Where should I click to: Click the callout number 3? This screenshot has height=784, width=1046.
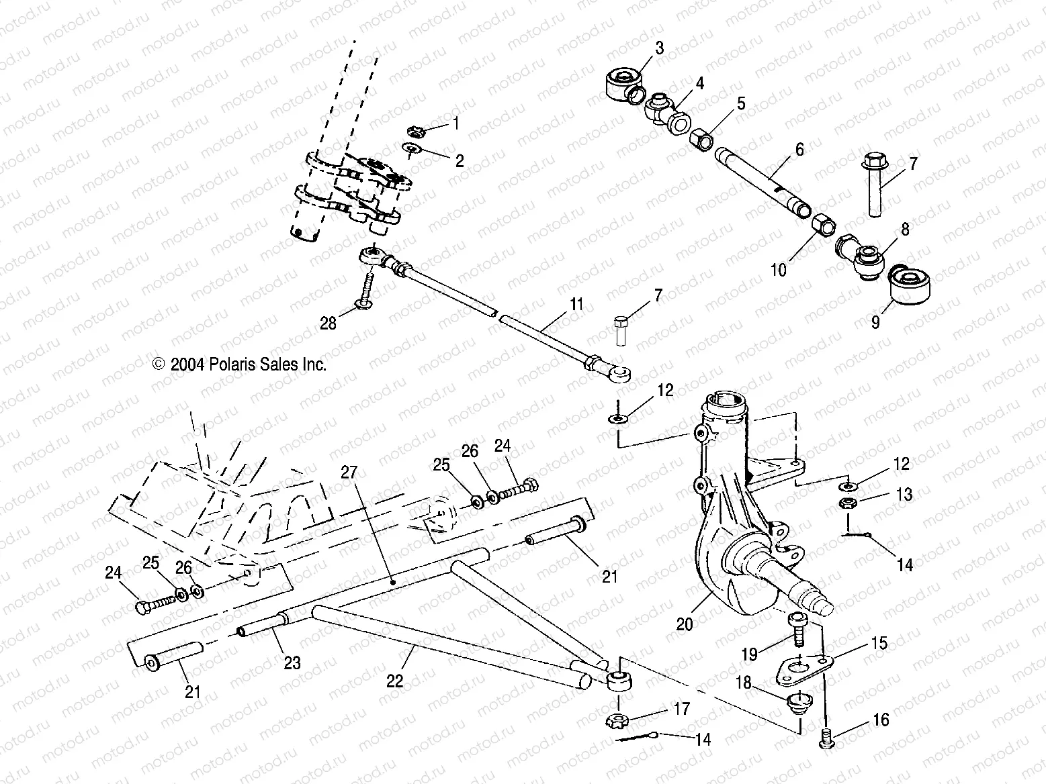(x=659, y=48)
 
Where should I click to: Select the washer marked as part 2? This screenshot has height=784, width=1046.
(x=412, y=149)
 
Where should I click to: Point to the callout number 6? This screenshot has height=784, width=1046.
(x=799, y=149)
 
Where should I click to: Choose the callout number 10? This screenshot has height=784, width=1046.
(x=778, y=270)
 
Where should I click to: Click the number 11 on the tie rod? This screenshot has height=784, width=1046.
(x=577, y=305)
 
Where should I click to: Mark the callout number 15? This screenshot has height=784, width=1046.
(x=879, y=642)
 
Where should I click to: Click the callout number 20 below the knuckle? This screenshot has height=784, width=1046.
(x=684, y=624)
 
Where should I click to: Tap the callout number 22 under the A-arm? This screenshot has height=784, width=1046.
(x=394, y=680)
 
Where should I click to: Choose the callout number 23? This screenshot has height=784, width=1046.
(x=292, y=663)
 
